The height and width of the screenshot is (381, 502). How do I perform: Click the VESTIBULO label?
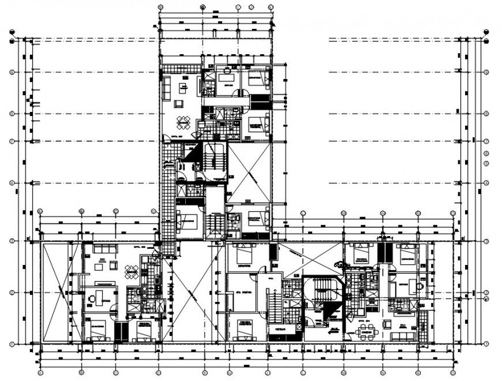281,329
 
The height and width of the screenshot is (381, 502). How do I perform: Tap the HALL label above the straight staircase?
271,278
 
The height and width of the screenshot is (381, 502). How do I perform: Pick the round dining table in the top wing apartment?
183,122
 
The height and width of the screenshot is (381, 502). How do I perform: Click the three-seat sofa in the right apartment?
402,335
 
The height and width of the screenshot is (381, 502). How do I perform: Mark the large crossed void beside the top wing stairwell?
249,173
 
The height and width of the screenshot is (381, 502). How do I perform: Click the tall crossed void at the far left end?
61,292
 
